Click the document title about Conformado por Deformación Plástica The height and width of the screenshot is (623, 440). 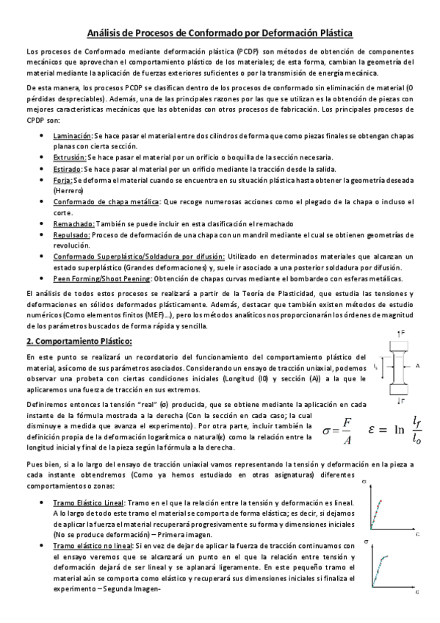pos(220,33)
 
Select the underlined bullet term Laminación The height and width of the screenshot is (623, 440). pos(73,136)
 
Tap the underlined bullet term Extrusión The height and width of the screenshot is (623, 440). pos(70,158)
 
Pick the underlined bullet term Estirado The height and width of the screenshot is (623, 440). pos(69,169)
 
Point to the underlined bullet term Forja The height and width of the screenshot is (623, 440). pos(64,180)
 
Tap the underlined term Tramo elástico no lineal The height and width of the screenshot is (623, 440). pos(93,547)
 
